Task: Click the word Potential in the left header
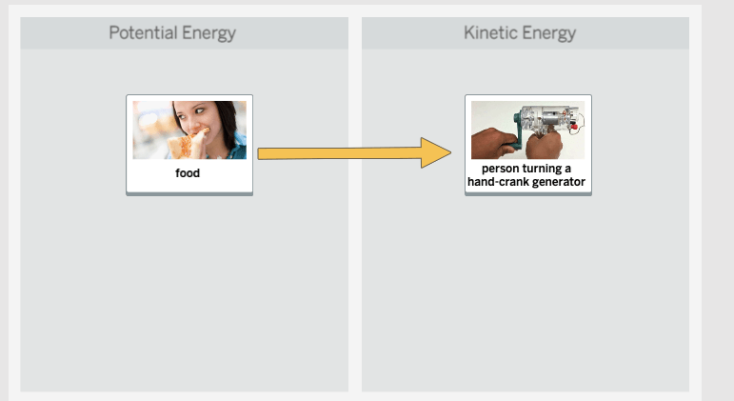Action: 143,32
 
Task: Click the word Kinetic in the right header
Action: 490,32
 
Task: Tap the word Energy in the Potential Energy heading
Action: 208,33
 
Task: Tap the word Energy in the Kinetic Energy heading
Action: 548,33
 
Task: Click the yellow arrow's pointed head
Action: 451,152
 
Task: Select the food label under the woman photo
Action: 188,173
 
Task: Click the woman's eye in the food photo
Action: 198,111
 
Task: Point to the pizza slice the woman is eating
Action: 188,144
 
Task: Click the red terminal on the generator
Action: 573,126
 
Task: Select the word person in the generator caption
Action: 500,169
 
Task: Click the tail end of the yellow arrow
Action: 258,153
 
